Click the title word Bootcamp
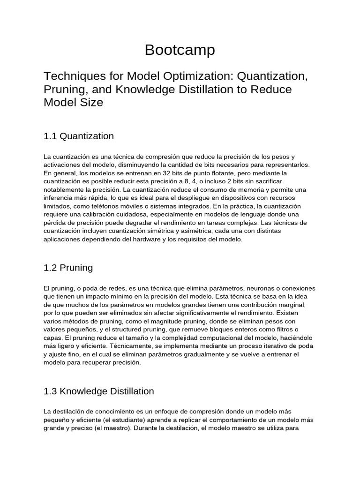[180, 50]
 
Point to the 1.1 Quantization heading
[78, 136]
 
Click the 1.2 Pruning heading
[68, 268]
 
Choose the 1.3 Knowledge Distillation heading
[98, 390]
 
